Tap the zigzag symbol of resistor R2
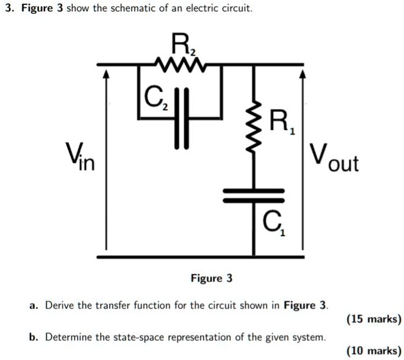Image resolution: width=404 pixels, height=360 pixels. coord(180,62)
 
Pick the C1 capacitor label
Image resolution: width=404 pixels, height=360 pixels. coord(275,225)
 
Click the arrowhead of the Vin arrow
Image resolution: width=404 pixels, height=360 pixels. coord(107,74)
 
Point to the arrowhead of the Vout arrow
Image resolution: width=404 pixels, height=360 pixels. coord(303,74)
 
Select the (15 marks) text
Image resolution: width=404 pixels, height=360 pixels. coord(373,319)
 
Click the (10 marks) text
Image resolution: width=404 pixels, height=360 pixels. coord(373,351)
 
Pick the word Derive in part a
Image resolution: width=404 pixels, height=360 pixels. coord(60,305)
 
